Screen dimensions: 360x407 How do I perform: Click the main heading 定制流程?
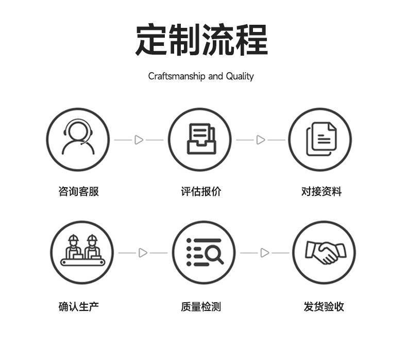click(201, 40)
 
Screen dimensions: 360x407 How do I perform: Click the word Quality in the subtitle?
click(240, 76)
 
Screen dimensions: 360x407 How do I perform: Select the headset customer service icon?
click(78, 139)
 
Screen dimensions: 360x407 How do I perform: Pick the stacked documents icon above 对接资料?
click(320, 139)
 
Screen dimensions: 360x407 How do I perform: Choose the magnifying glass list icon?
click(204, 252)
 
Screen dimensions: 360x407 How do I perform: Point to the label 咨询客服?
click(79, 192)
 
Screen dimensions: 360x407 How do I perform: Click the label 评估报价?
click(201, 192)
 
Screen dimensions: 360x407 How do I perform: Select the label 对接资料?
click(321, 192)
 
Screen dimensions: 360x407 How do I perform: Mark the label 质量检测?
click(201, 307)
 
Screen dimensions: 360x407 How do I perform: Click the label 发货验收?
click(324, 307)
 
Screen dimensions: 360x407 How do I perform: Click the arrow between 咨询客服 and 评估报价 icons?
click(139, 140)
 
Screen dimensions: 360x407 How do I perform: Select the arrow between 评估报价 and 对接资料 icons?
click(261, 140)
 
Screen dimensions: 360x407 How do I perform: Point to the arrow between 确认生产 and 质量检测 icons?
click(143, 253)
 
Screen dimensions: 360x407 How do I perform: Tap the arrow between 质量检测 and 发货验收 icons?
click(264, 253)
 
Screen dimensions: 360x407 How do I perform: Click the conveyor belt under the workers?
click(82, 262)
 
